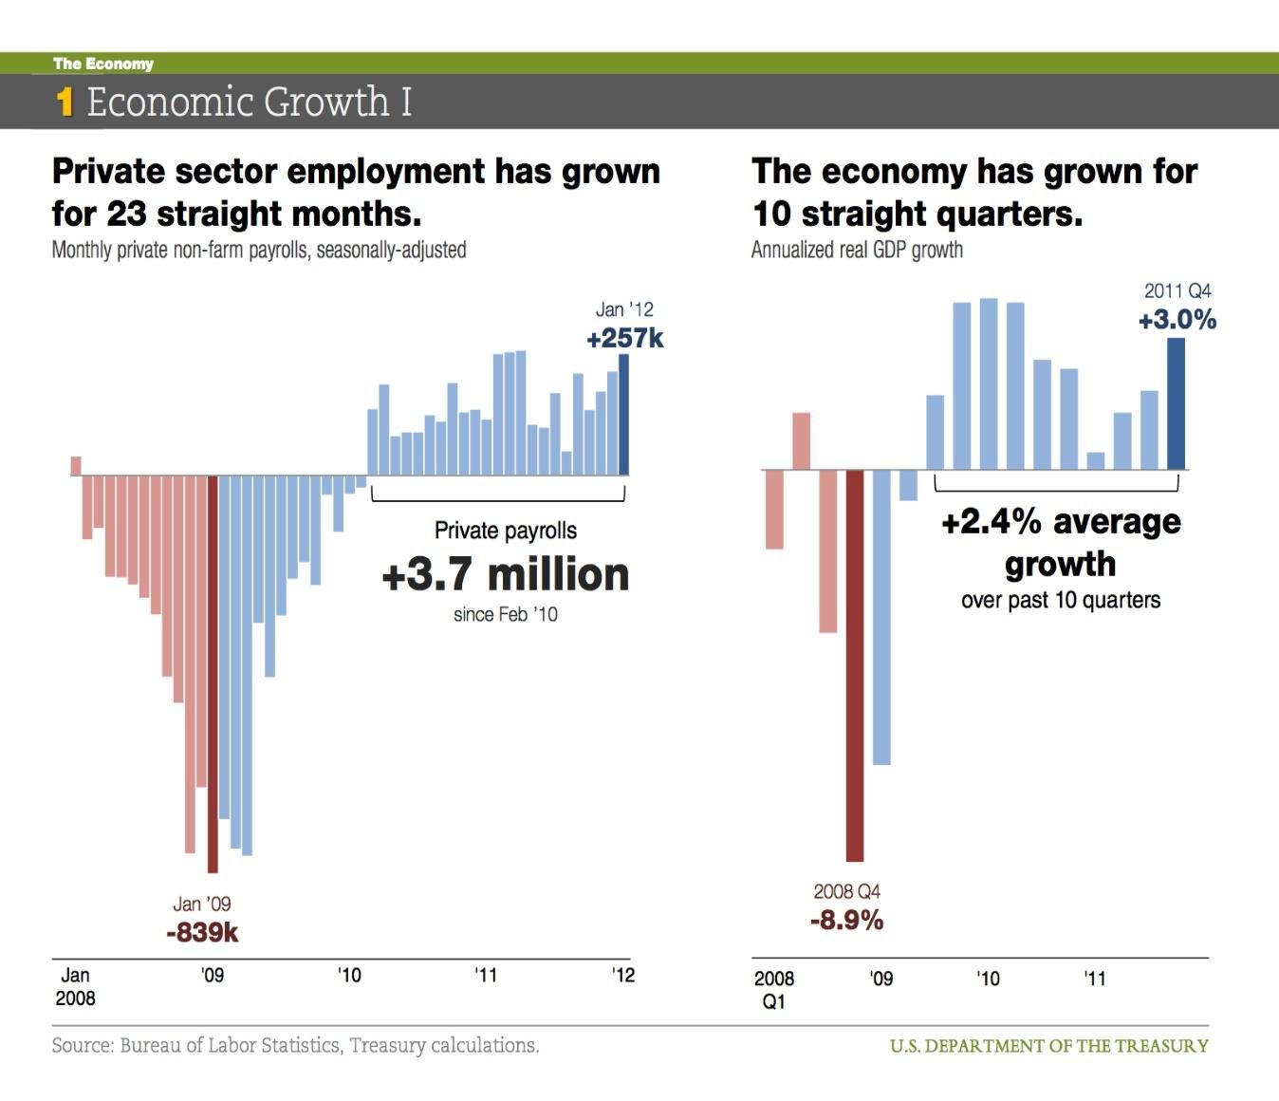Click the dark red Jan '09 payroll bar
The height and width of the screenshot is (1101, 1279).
coord(213,674)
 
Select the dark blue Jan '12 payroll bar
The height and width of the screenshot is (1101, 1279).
coord(623,414)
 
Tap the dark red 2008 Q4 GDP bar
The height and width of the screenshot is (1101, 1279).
coord(855,664)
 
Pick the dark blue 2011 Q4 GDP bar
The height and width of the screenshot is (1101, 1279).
coord(1176,403)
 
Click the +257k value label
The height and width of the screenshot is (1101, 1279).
coord(625,339)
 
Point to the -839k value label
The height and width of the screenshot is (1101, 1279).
coord(202,933)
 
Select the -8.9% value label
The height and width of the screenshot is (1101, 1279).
coord(846,920)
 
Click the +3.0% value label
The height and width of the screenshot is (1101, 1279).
coord(1177,320)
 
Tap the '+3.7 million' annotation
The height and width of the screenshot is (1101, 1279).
coord(505,575)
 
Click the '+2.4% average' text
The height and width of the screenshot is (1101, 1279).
coord(1061,522)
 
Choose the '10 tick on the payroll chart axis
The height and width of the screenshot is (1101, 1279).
coord(349,976)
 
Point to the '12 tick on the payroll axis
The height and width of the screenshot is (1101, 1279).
coord(622,976)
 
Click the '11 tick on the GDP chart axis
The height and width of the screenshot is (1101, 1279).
coord(1095,979)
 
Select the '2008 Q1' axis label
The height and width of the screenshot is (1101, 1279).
coord(774,990)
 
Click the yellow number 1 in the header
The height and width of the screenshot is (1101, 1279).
coord(65,102)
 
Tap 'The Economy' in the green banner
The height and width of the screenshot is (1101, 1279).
coord(103,64)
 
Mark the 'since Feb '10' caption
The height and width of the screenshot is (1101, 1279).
coord(505,615)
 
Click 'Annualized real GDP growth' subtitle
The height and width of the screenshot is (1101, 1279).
coord(857,250)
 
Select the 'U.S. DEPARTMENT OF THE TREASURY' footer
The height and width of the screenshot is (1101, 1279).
coord(1048,1046)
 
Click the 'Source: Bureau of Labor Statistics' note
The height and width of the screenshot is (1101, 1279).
coord(295,1046)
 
